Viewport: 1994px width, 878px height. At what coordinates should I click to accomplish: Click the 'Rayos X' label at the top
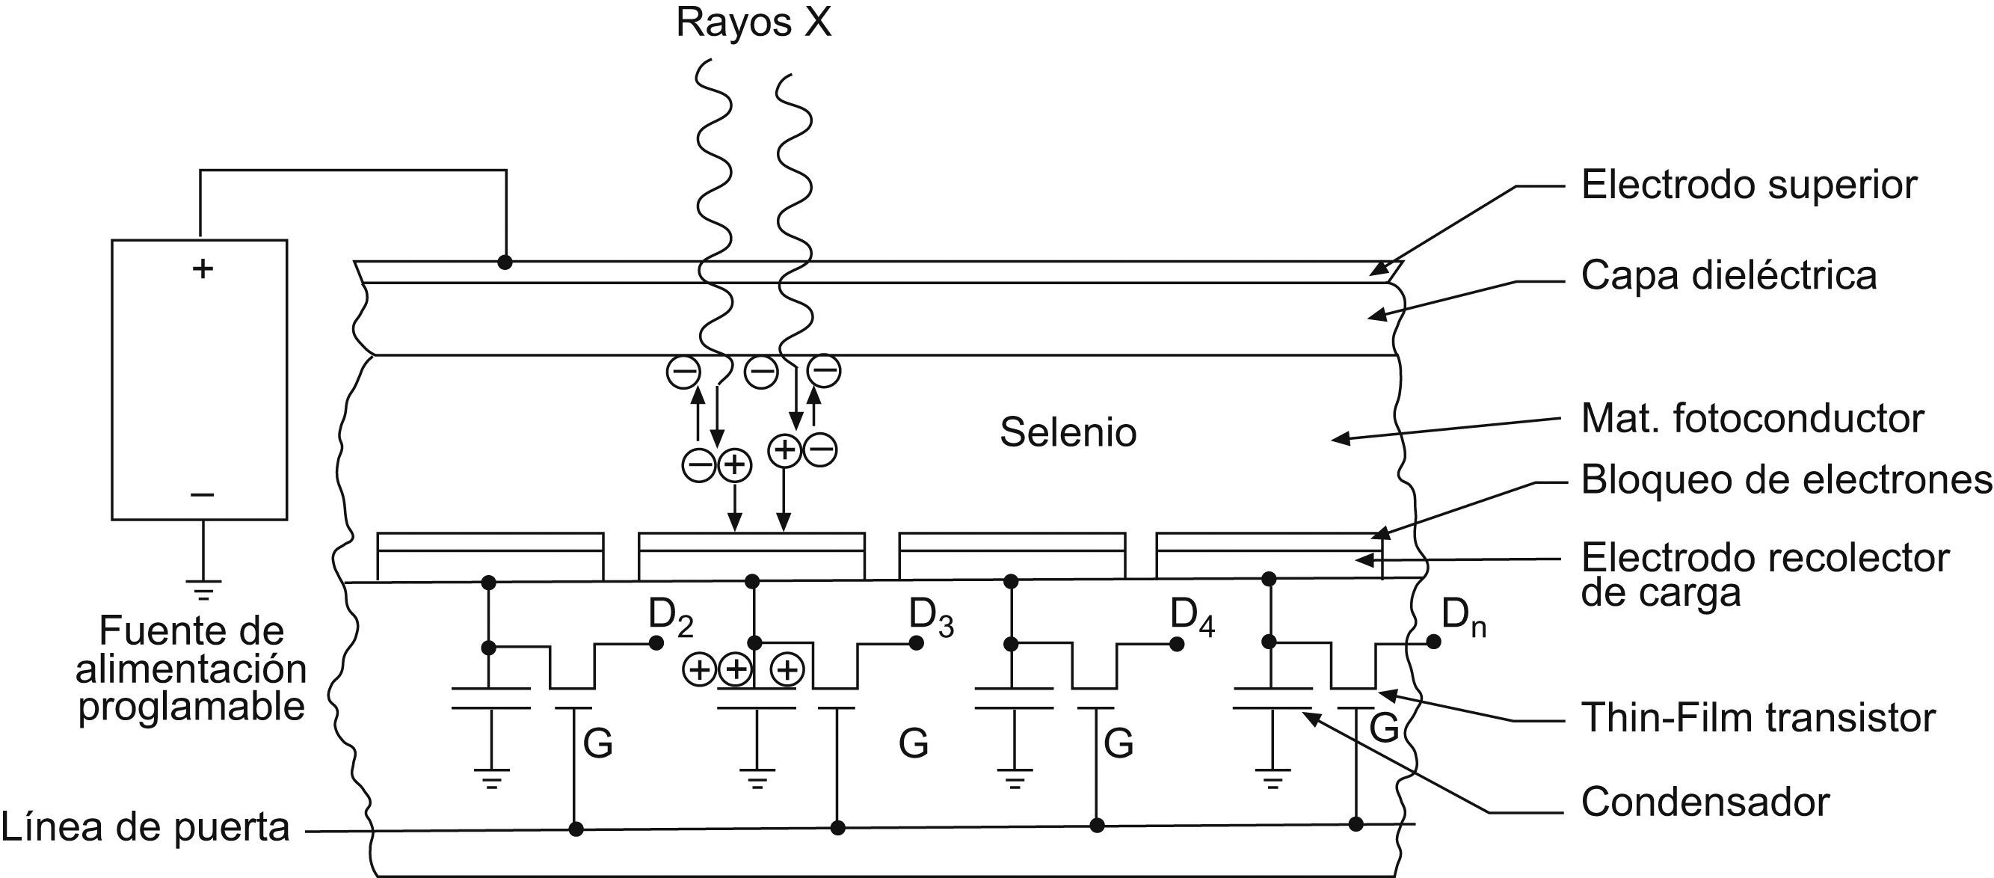tap(753, 23)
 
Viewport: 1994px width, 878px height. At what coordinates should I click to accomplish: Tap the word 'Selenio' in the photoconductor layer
tap(1068, 433)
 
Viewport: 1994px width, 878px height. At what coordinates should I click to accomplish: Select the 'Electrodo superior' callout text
tap(1749, 185)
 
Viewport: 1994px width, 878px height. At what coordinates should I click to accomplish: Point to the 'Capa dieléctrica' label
tap(1729, 276)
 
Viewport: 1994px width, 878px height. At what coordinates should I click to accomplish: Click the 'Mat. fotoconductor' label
tap(1752, 419)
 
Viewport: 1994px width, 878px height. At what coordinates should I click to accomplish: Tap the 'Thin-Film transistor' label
tap(1758, 718)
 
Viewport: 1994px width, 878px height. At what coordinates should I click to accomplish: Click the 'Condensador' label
tap(1705, 802)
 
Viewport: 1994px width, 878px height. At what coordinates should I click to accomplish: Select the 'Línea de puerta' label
tap(146, 828)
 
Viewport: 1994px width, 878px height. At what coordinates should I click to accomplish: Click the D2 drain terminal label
tap(671, 617)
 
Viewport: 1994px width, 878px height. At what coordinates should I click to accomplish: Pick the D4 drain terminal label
tap(1191, 617)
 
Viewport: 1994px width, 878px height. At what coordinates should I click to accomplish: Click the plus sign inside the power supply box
tap(202, 268)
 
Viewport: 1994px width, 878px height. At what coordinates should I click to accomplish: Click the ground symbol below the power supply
tap(203, 590)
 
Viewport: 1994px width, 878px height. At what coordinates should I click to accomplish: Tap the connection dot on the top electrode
tap(505, 263)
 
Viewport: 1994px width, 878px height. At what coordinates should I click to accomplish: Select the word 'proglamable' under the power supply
tap(191, 707)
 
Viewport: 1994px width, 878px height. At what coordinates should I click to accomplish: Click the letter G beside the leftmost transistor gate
tap(597, 745)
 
